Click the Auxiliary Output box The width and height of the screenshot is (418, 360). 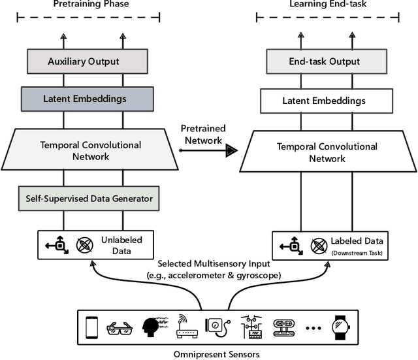93,62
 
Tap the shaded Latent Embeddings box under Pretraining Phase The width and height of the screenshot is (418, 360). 93,99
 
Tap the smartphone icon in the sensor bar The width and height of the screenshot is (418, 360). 92,326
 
